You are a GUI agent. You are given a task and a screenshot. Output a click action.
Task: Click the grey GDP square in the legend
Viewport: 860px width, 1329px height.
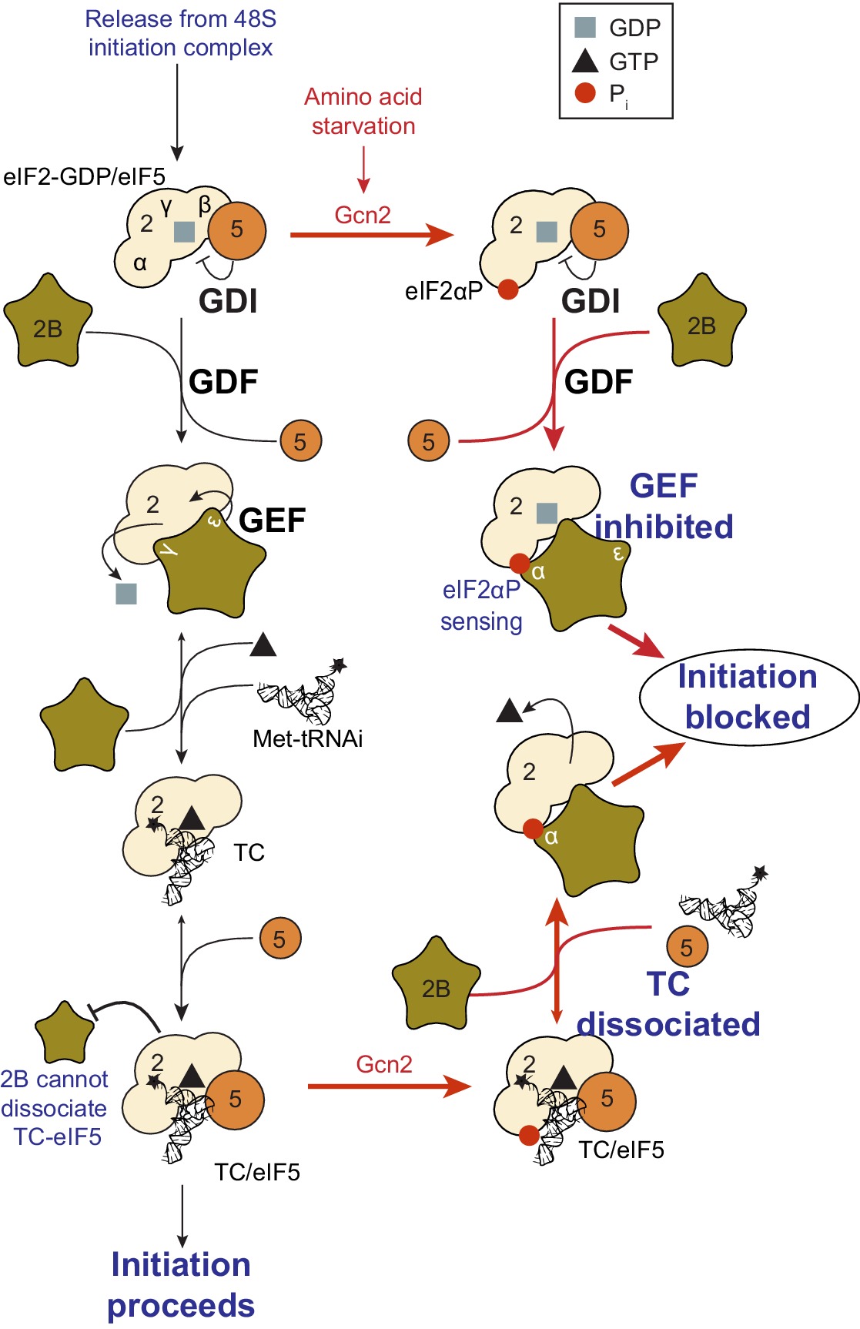pyautogui.click(x=585, y=28)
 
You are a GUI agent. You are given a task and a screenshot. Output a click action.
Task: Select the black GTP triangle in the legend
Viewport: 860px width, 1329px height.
pyautogui.click(x=585, y=60)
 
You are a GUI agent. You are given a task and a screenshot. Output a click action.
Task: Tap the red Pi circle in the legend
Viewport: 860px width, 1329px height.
pyautogui.click(x=585, y=93)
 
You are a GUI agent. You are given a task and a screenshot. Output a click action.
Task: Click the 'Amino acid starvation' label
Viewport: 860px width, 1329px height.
pyautogui.click(x=363, y=111)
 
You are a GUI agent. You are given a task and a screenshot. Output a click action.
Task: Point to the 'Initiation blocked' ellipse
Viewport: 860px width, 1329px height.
pyautogui.click(x=748, y=697)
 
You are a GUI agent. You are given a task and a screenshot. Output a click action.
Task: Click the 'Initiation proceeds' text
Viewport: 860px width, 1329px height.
pyautogui.click(x=181, y=1284)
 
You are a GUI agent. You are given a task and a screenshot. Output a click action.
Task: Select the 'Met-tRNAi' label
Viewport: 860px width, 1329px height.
pyautogui.click(x=307, y=738)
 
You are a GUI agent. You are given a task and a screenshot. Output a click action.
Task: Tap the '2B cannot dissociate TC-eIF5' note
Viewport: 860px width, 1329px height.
pyautogui.click(x=54, y=1108)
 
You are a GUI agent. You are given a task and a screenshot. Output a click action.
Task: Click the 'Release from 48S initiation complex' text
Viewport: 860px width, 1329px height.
pyautogui.click(x=180, y=33)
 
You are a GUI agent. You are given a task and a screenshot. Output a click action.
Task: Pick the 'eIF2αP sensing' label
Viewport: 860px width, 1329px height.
pyautogui.click(x=481, y=605)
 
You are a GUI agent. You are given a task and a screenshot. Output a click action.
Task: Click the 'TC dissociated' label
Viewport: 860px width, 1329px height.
pyautogui.click(x=668, y=1004)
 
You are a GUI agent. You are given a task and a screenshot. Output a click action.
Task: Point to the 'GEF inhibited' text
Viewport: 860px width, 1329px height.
pyautogui.click(x=664, y=506)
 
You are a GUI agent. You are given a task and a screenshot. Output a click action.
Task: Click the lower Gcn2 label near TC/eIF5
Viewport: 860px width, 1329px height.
pyautogui.click(x=384, y=1064)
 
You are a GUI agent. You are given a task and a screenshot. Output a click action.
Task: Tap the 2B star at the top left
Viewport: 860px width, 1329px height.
pyautogui.click(x=48, y=323)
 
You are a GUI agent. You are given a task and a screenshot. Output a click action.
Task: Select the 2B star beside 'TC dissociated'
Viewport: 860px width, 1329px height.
pyautogui.click(x=435, y=986)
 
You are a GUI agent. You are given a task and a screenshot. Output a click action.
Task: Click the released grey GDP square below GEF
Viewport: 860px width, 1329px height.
pyautogui.click(x=125, y=594)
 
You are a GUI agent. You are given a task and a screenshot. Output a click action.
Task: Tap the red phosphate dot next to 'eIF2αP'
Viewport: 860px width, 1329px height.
pyautogui.click(x=507, y=290)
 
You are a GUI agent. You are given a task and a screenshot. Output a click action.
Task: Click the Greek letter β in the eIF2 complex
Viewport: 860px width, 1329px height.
pyautogui.click(x=205, y=205)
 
